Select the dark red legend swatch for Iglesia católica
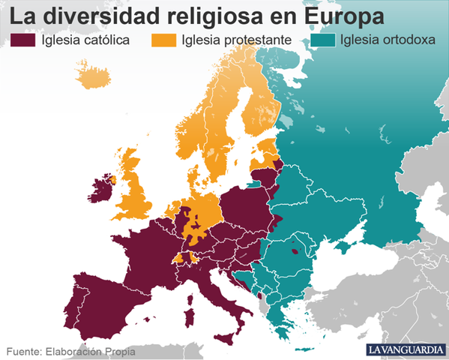22,39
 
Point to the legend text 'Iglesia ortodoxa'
388,40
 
